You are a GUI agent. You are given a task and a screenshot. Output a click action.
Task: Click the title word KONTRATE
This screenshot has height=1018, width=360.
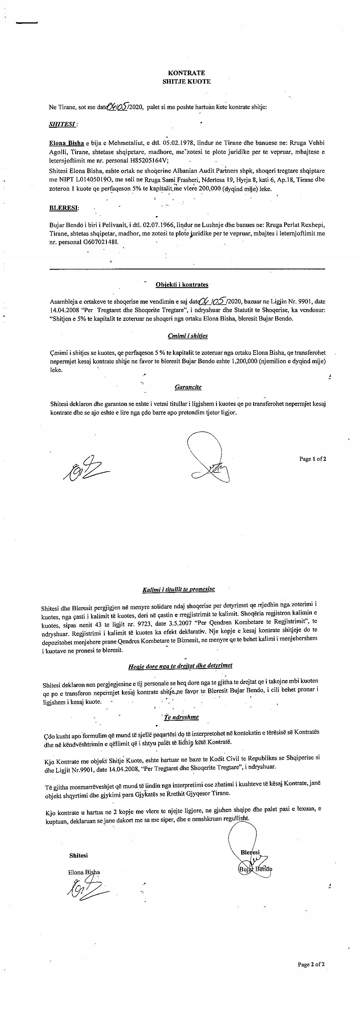186,73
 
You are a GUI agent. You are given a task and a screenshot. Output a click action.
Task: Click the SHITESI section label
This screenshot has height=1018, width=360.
62,124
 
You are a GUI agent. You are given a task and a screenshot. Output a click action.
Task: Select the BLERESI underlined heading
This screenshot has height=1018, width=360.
64,208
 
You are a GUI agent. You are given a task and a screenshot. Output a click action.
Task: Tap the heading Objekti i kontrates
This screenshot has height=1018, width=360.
182,285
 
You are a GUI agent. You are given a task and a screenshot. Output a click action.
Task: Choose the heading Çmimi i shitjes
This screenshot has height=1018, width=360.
187,336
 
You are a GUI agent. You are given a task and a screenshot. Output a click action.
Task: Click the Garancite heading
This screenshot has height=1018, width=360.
188,387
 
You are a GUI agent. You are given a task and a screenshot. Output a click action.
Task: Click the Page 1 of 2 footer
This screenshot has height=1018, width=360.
312,459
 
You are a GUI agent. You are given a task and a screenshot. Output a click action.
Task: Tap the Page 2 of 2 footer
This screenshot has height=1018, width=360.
311,964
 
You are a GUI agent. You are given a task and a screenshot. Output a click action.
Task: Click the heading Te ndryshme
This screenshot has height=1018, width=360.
181,717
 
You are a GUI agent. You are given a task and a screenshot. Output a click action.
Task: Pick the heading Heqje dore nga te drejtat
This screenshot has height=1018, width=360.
180,666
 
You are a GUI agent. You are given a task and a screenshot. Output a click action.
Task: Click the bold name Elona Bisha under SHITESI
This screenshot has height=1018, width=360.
66,143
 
